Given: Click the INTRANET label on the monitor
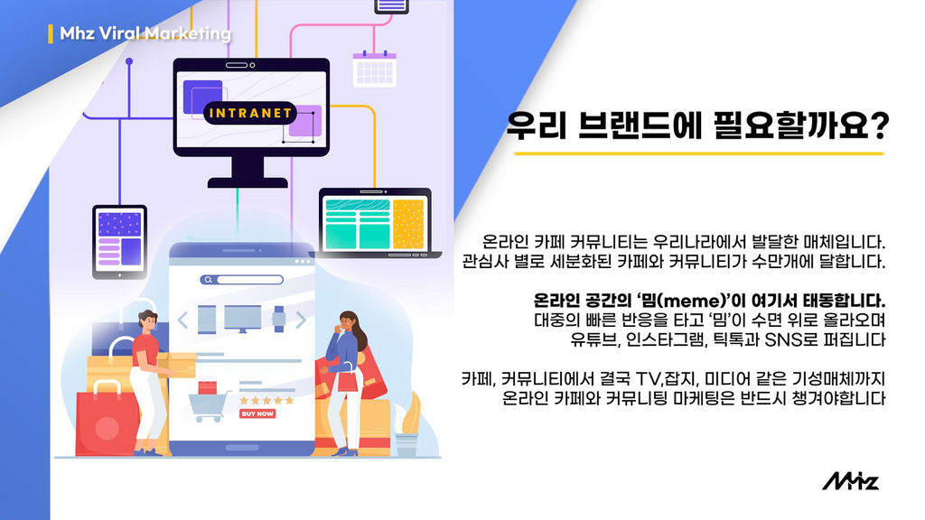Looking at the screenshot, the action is click(x=251, y=113).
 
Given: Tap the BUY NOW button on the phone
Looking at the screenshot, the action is click(x=257, y=413).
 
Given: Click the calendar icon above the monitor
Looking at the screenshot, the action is click(x=375, y=69).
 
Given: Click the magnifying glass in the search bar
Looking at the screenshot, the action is click(x=207, y=280).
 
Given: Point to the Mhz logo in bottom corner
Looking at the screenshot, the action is click(x=851, y=481).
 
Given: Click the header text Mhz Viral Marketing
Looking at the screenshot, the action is click(x=145, y=33).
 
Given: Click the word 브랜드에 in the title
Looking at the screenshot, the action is click(x=640, y=126).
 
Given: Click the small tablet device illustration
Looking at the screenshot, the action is click(x=120, y=242).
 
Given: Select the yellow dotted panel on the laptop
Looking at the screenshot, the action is click(x=408, y=224).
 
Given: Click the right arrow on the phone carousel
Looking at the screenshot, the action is click(x=301, y=320).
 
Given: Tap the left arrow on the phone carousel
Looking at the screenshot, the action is click(x=182, y=320).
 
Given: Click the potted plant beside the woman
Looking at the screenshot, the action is click(x=407, y=424).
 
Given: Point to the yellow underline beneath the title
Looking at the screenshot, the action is click(x=698, y=153).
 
